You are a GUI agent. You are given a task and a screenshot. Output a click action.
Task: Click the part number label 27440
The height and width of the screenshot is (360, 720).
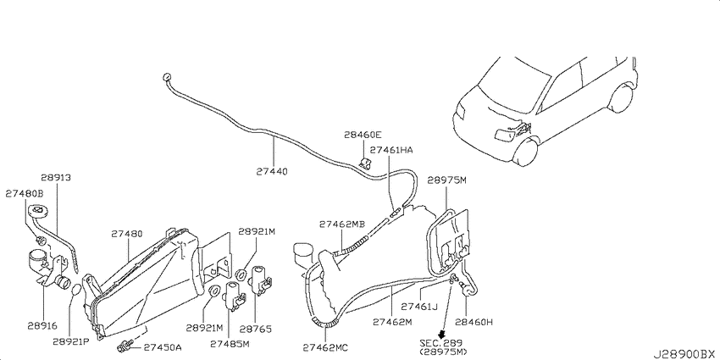point(272,172)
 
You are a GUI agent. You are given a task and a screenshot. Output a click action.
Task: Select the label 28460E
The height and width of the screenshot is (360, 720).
point(363,135)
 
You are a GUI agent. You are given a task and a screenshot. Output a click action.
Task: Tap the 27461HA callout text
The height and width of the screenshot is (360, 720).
point(391,150)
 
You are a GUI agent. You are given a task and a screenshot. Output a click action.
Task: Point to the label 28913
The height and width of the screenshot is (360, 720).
point(56,177)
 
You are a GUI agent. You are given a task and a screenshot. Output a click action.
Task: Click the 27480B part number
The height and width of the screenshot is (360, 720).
point(24,194)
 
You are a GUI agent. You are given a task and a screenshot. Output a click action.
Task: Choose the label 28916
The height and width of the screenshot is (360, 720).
point(42,326)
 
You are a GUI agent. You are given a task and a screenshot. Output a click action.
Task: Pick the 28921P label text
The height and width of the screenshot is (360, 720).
point(70,341)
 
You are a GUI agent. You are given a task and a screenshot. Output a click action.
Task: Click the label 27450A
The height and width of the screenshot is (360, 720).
point(163,347)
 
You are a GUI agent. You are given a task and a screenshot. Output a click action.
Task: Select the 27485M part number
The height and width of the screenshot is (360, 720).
point(230,343)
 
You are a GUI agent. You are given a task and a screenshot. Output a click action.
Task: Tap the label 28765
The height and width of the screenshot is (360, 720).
point(256,329)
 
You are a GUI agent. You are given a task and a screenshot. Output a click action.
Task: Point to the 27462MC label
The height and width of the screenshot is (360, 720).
point(325,346)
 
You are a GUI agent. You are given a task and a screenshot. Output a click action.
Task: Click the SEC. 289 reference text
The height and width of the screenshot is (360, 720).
point(440,342)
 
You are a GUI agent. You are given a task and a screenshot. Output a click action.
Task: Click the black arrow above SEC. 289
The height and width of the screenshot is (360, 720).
point(443,335)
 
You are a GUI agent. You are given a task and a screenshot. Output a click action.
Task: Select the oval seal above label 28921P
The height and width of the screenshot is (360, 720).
point(77,291)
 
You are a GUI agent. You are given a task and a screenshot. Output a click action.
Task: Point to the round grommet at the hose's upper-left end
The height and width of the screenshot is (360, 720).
point(167,77)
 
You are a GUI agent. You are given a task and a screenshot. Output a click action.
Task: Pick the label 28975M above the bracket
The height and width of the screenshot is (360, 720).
point(446,180)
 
